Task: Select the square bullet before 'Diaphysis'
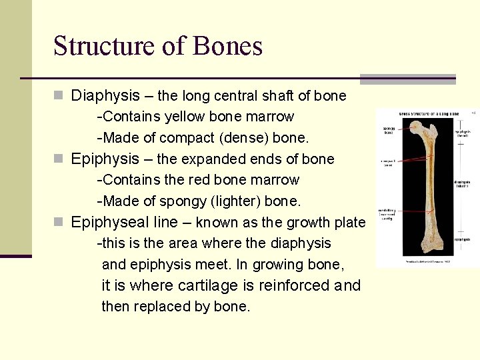(58, 96)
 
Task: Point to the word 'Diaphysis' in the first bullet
(105, 96)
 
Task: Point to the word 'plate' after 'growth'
(349, 222)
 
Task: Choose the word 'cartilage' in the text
(207, 286)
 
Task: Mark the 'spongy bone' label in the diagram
(388, 131)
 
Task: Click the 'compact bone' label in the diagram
(388, 161)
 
